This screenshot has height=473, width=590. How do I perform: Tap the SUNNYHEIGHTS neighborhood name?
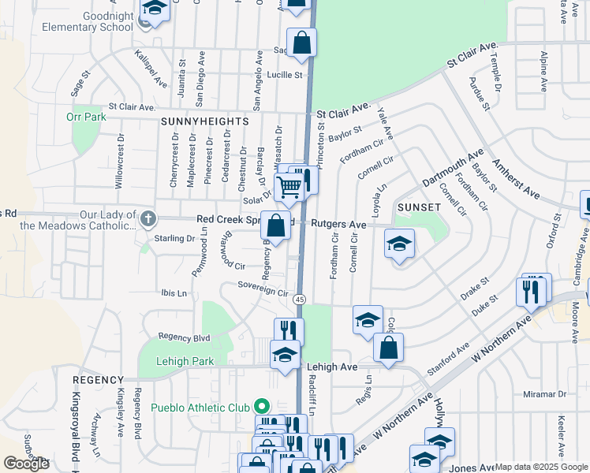tap(204, 122)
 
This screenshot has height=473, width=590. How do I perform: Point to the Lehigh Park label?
tap(175, 361)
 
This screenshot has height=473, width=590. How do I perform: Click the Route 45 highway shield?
tap(300, 299)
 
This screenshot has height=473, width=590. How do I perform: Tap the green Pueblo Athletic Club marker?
tap(262, 408)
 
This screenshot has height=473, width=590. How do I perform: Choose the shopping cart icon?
tap(289, 188)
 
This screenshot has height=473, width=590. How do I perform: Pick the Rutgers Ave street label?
tap(338, 224)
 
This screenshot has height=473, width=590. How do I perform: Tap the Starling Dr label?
tap(174, 238)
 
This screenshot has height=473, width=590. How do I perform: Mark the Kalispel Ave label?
tap(151, 69)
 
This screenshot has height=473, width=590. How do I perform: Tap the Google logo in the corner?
tap(26, 464)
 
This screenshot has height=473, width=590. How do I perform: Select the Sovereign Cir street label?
tap(264, 291)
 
